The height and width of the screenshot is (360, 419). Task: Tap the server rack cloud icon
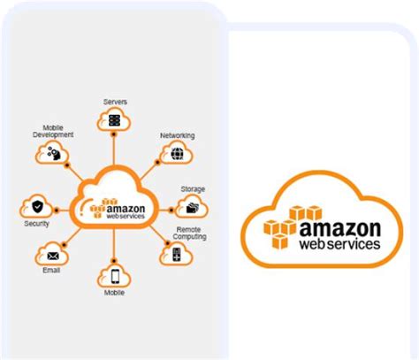pos(114,121)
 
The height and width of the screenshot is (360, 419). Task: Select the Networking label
pos(177,135)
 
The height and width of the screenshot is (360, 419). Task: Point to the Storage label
pos(193,188)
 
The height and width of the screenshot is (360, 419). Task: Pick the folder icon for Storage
pos(190,208)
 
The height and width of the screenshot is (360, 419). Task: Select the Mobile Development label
pos(57,131)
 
